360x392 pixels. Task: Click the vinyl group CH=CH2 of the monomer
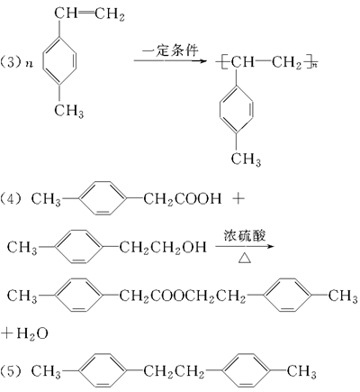(89, 14)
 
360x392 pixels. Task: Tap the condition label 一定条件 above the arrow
(170, 50)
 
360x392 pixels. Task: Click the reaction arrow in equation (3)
(170, 61)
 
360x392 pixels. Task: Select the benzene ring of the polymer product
(236, 109)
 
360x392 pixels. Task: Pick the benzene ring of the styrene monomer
(59, 60)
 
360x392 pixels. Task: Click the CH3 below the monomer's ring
(69, 110)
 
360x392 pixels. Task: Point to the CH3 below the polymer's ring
(246, 159)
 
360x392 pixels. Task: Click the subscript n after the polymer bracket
(314, 65)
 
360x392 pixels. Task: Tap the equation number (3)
(12, 62)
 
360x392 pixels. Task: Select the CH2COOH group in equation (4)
(183, 199)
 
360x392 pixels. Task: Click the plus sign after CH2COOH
(238, 198)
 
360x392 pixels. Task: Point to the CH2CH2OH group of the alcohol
(163, 247)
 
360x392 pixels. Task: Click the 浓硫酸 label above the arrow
(245, 236)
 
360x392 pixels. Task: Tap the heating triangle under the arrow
(245, 258)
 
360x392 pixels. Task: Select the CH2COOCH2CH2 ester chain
(183, 296)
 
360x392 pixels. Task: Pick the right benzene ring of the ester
(287, 295)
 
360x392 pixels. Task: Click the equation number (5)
(12, 371)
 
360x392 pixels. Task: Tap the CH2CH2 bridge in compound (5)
(174, 371)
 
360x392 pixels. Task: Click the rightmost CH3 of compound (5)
(301, 371)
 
